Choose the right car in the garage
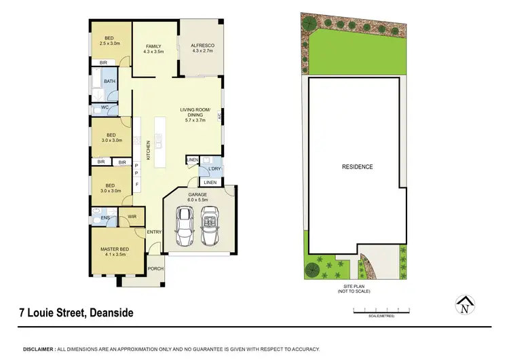click(210, 226)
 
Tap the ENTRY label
click(154, 232)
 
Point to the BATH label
click(110, 82)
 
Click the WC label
click(105, 107)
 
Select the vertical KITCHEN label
click(149, 149)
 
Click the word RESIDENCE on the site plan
click(357, 166)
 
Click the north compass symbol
click(464, 307)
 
